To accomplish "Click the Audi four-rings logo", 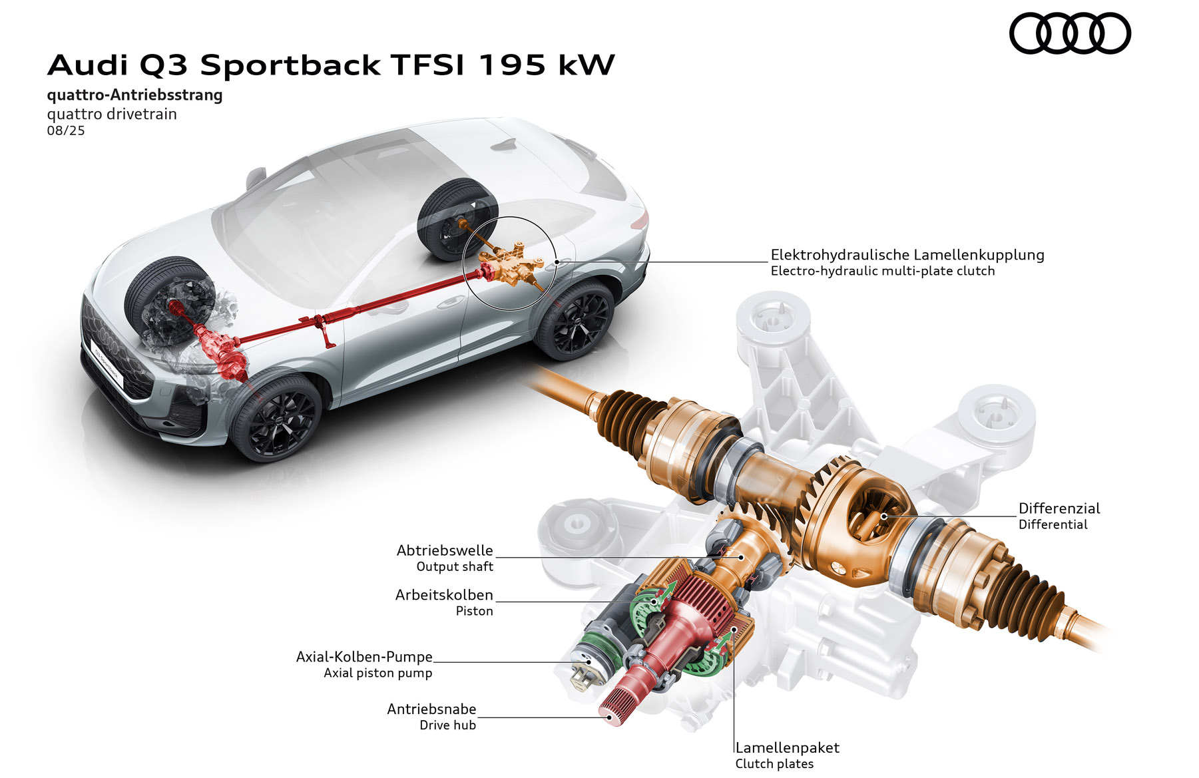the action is pyautogui.click(x=1070, y=33).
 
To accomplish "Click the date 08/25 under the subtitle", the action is pyautogui.click(x=66, y=130).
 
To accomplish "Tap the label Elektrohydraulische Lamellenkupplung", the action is pyautogui.click(x=907, y=254).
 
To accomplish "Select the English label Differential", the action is pyautogui.click(x=1053, y=524).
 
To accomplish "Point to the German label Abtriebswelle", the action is pyautogui.click(x=445, y=550).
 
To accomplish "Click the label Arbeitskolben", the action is pyautogui.click(x=444, y=595).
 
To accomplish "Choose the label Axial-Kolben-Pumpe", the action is pyautogui.click(x=364, y=657).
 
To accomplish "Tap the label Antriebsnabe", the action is pyautogui.click(x=431, y=709).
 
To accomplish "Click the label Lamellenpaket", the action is pyautogui.click(x=787, y=747).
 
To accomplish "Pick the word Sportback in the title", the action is pyautogui.click(x=290, y=65).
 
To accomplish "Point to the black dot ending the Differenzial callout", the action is pyautogui.click(x=884, y=516).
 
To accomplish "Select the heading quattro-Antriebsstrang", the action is pyautogui.click(x=134, y=95).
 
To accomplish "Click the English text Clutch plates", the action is pyautogui.click(x=774, y=764).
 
